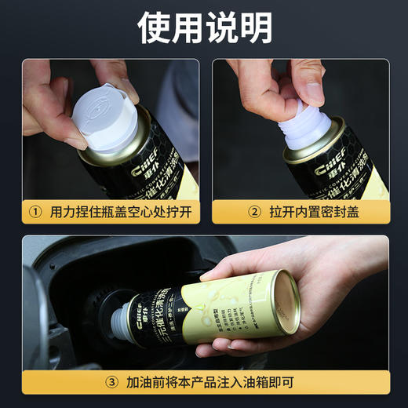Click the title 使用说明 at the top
[x=204, y=28]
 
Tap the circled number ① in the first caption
[x=36, y=211]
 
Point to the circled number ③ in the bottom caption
[x=114, y=382]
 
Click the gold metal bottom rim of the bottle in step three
[x=283, y=301]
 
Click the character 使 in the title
[x=154, y=28]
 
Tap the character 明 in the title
[x=255, y=28]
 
